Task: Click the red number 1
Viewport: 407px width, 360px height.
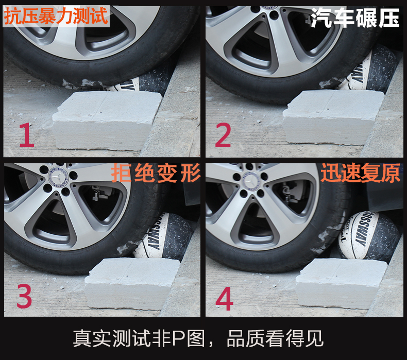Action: (x=27, y=135)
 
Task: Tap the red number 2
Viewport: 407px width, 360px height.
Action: (x=223, y=135)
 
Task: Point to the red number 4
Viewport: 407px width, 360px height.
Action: (x=224, y=299)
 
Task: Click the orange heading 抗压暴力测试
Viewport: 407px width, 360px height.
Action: (x=56, y=16)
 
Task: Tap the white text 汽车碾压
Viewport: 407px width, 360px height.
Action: (x=355, y=18)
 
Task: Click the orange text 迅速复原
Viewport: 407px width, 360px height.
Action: (x=360, y=173)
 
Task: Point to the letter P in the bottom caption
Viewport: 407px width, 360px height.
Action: (x=178, y=338)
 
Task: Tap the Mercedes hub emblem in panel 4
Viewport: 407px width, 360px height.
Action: (x=250, y=181)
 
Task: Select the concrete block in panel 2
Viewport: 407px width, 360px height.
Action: (x=332, y=117)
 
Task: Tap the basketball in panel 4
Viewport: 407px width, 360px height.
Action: (x=368, y=236)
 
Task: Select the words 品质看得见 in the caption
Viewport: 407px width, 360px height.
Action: (x=275, y=338)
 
